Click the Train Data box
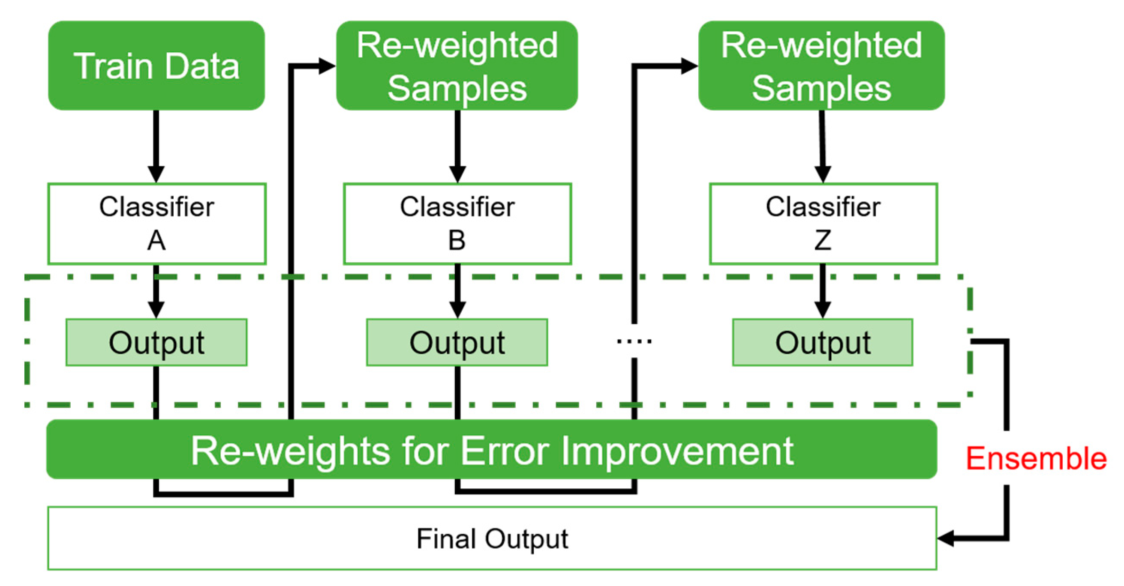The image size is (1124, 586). [156, 66]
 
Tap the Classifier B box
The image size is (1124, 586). [457, 223]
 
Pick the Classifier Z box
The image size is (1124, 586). [823, 223]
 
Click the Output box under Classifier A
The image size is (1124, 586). [156, 342]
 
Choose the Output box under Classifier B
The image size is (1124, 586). [457, 342]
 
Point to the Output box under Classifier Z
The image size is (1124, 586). [823, 342]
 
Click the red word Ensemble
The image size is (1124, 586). [1036, 458]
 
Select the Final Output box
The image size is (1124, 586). [492, 538]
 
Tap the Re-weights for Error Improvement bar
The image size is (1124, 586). [492, 450]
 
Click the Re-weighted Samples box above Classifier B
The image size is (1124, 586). [457, 66]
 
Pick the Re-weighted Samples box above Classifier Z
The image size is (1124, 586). [821, 66]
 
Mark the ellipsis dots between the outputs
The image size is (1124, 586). [634, 341]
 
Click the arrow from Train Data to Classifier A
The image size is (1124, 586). [156, 146]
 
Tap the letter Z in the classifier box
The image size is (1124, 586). [823, 240]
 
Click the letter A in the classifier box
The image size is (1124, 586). [156, 240]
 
